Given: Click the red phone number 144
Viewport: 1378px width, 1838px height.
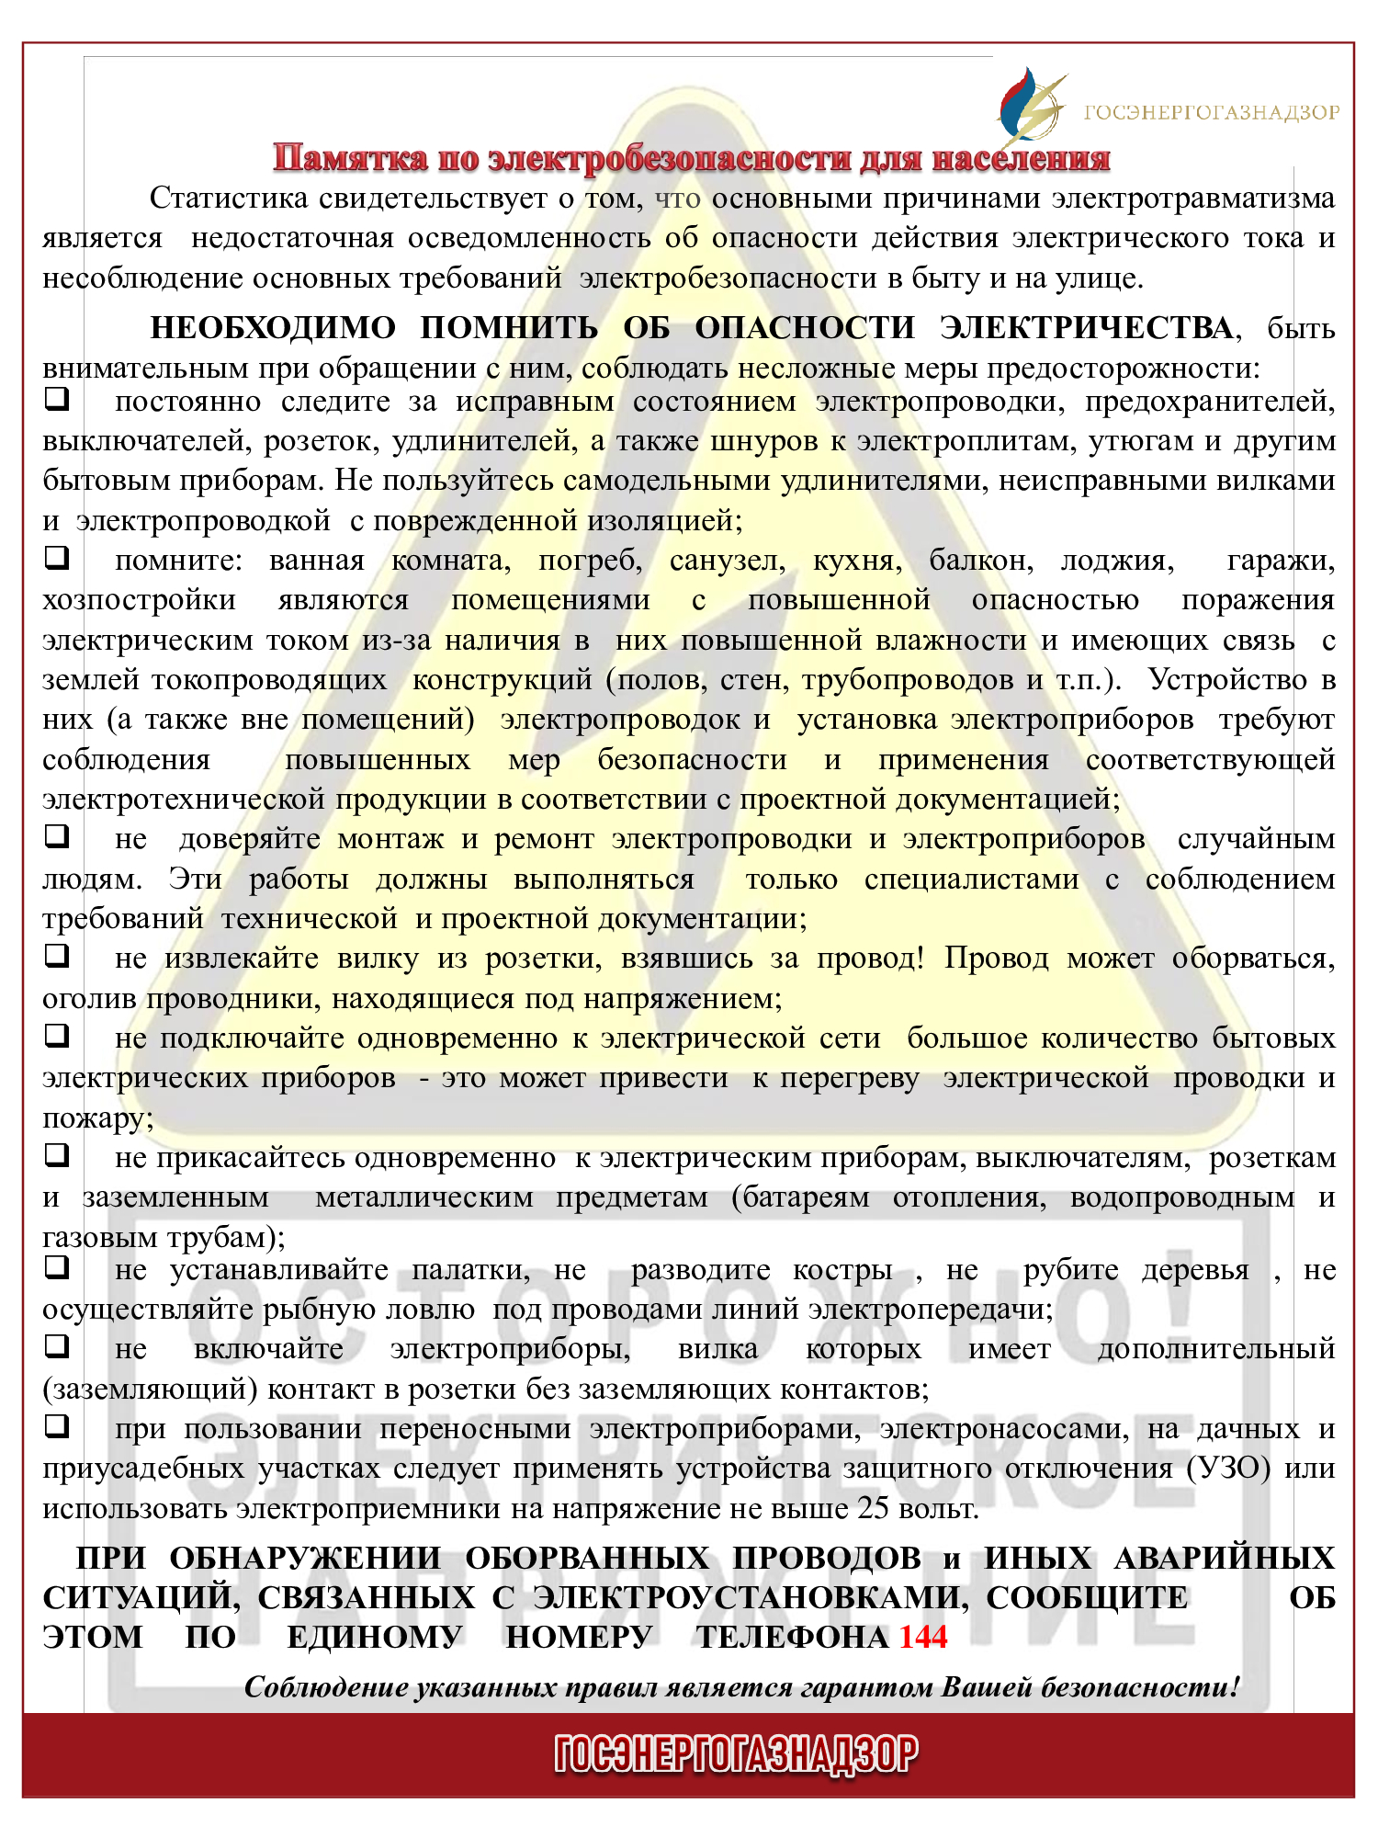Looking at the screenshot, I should pyautogui.click(x=922, y=1637).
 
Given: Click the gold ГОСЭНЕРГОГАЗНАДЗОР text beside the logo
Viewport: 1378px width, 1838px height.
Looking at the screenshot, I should pyautogui.click(x=1211, y=113).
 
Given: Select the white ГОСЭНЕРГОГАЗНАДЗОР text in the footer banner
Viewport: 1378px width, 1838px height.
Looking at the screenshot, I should pyautogui.click(x=736, y=1753).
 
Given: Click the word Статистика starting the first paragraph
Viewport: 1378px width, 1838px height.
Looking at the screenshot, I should pyautogui.click(x=228, y=199).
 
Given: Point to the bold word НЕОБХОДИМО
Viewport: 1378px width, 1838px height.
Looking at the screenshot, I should pyautogui.click(x=273, y=328).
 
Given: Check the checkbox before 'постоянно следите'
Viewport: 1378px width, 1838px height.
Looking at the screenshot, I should pyautogui.click(x=57, y=401).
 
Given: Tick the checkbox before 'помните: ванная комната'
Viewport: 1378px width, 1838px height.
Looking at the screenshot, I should pyautogui.click(x=57, y=558).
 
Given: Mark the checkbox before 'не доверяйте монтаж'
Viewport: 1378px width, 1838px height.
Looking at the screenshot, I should pyautogui.click(x=57, y=837).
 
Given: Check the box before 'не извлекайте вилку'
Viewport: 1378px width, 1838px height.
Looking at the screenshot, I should pyautogui.click(x=57, y=956).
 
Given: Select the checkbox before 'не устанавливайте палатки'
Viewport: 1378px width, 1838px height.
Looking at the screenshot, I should pyautogui.click(x=57, y=1268).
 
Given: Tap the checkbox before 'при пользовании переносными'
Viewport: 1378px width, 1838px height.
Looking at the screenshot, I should pyautogui.click(x=57, y=1426).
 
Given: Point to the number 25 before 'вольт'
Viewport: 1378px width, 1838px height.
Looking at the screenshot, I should pyautogui.click(x=874, y=1508).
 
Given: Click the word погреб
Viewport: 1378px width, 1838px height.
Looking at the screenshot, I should pyautogui.click(x=589, y=561).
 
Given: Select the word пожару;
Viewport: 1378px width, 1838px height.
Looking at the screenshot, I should pyautogui.click(x=98, y=1118).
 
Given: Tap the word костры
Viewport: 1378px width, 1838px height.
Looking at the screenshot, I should pyautogui.click(x=842, y=1270).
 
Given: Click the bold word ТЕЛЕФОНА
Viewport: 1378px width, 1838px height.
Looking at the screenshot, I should pyautogui.click(x=791, y=1637).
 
